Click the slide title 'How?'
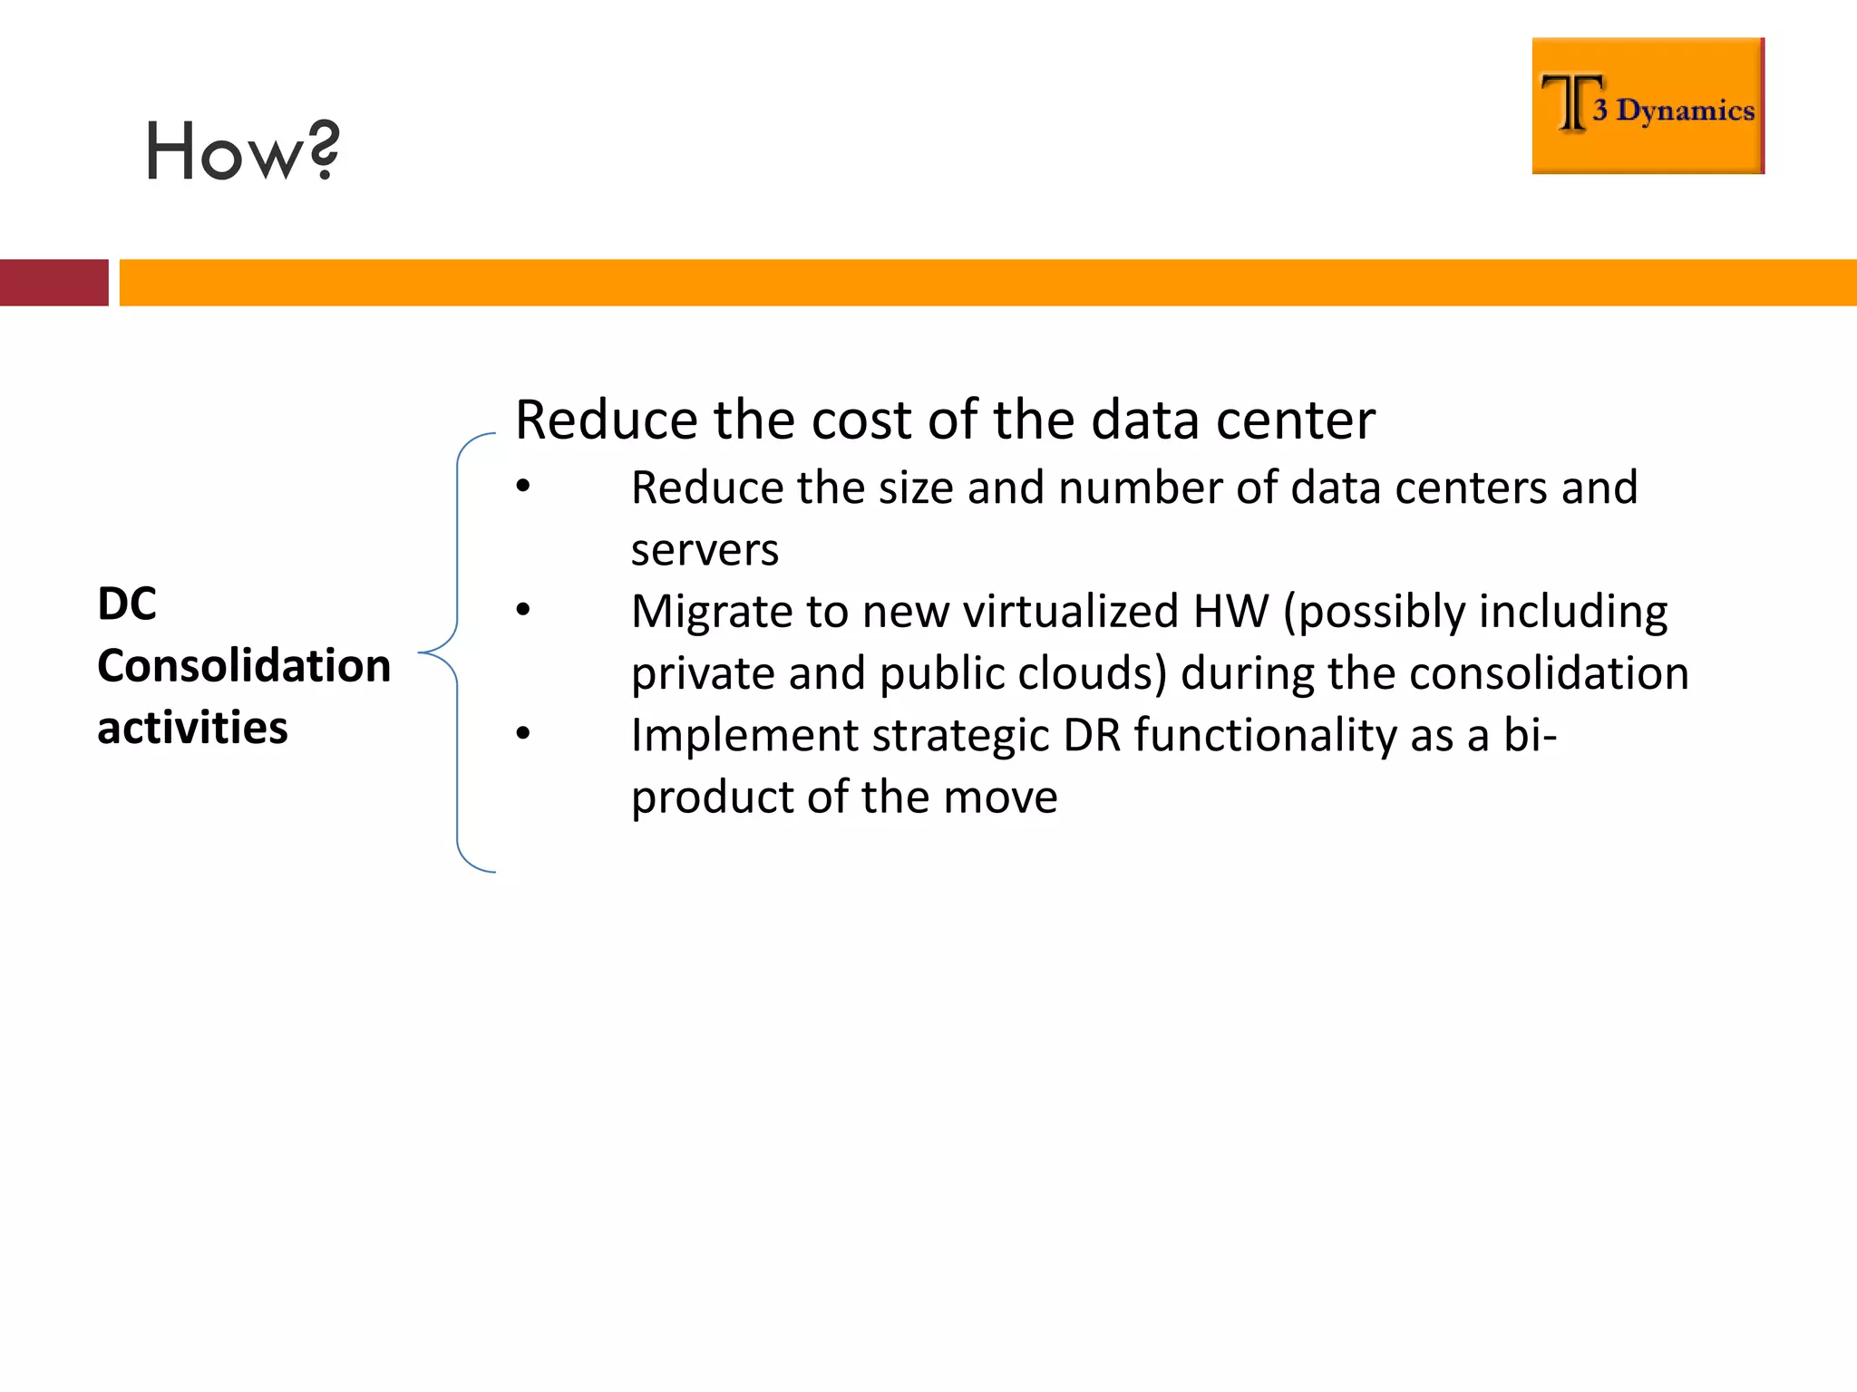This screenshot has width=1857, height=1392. [x=242, y=151]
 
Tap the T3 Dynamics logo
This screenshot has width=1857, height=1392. [x=1648, y=106]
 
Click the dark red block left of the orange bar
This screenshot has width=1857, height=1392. [x=53, y=283]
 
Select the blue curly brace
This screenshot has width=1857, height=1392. [x=457, y=652]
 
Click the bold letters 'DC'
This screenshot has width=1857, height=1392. [x=127, y=604]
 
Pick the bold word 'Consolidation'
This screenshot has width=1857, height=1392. [x=244, y=666]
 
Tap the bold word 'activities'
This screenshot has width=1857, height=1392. [x=192, y=728]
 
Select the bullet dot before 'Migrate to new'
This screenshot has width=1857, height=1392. [x=523, y=610]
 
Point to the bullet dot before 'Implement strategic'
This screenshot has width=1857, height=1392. [x=523, y=733]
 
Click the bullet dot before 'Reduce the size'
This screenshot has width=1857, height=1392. [x=523, y=487]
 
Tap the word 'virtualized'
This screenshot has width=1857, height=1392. [x=1071, y=611]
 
